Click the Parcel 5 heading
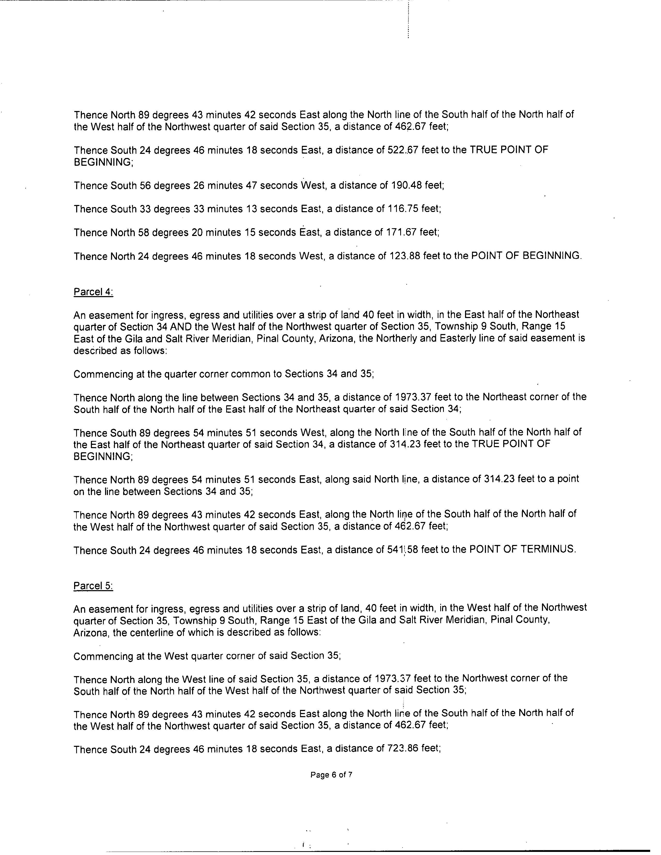93,586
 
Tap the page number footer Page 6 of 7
331,774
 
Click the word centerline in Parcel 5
143,633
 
